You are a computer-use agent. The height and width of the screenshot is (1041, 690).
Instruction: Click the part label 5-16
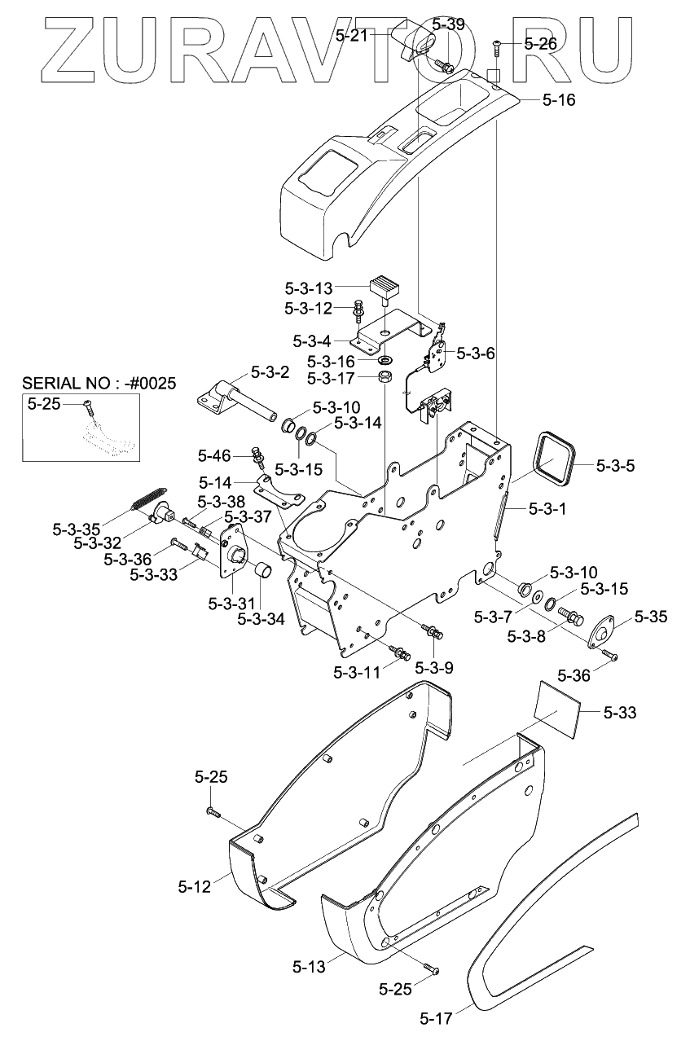(559, 99)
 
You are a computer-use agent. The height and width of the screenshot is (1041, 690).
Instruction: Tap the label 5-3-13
(309, 288)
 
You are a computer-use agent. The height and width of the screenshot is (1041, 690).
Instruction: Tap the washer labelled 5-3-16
(385, 360)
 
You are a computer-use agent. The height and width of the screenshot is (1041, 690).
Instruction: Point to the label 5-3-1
(547, 509)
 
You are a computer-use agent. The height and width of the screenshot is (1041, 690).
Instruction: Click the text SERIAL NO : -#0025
(99, 384)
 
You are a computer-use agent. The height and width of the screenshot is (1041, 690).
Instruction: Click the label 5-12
(194, 887)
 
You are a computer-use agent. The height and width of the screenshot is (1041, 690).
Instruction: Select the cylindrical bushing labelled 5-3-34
(263, 569)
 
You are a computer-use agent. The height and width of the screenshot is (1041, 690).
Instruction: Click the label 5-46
(214, 456)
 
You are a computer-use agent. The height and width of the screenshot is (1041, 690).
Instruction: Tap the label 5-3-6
(476, 354)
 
